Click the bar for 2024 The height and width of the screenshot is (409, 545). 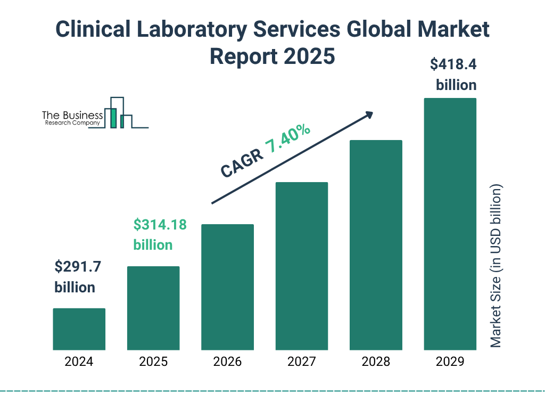pyautogui.click(x=79, y=329)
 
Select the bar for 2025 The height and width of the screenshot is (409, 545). pyautogui.click(x=153, y=308)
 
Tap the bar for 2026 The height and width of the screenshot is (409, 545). pyautogui.click(x=227, y=287)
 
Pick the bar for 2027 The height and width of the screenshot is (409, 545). pyautogui.click(x=301, y=266)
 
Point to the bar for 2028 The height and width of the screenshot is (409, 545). pyautogui.click(x=376, y=245)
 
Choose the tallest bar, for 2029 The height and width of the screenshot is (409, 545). pyautogui.click(x=450, y=224)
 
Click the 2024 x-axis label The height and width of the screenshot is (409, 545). pyautogui.click(x=79, y=362)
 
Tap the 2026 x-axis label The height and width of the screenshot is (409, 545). pyautogui.click(x=227, y=362)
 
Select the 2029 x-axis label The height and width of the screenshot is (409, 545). pyautogui.click(x=450, y=362)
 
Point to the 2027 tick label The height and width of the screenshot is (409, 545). pyautogui.click(x=301, y=362)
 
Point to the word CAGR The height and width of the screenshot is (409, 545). pyautogui.click(x=241, y=163)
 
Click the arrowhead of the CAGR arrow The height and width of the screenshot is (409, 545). pyautogui.click(x=369, y=114)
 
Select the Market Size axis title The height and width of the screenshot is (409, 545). pyautogui.click(x=496, y=266)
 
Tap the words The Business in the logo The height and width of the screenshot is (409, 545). pyautogui.click(x=72, y=115)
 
